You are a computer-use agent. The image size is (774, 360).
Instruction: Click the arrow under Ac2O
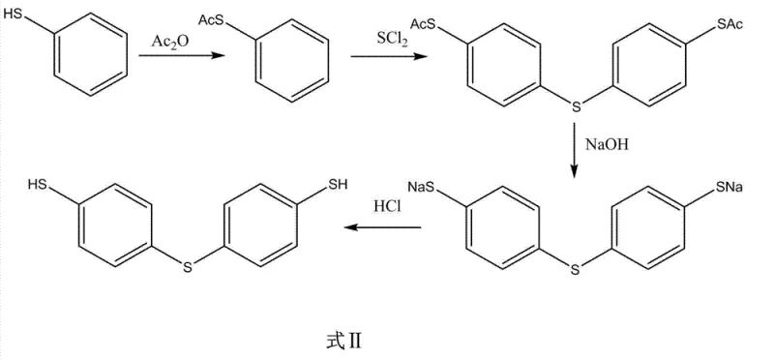pyautogui.click(x=174, y=58)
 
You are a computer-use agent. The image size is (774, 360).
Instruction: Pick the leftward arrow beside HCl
pyautogui.click(x=386, y=228)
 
